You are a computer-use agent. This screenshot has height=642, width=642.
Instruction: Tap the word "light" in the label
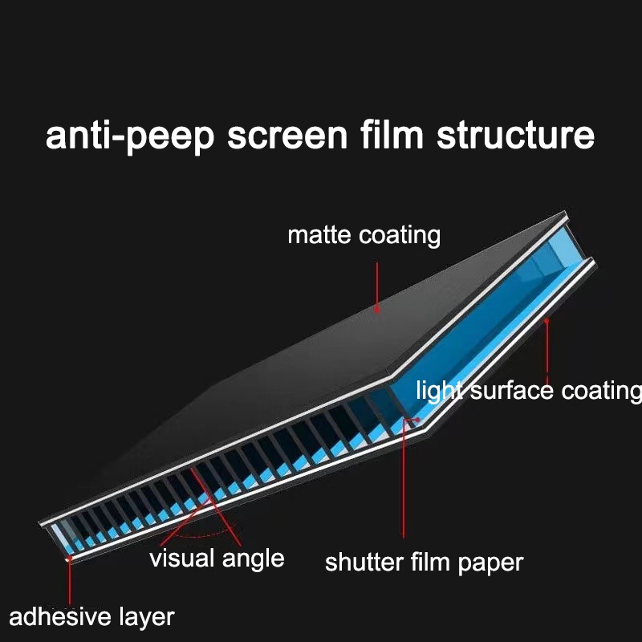(x=440, y=391)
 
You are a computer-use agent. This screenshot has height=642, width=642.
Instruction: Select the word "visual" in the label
(x=186, y=558)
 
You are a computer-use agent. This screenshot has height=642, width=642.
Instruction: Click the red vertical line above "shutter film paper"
(x=404, y=481)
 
